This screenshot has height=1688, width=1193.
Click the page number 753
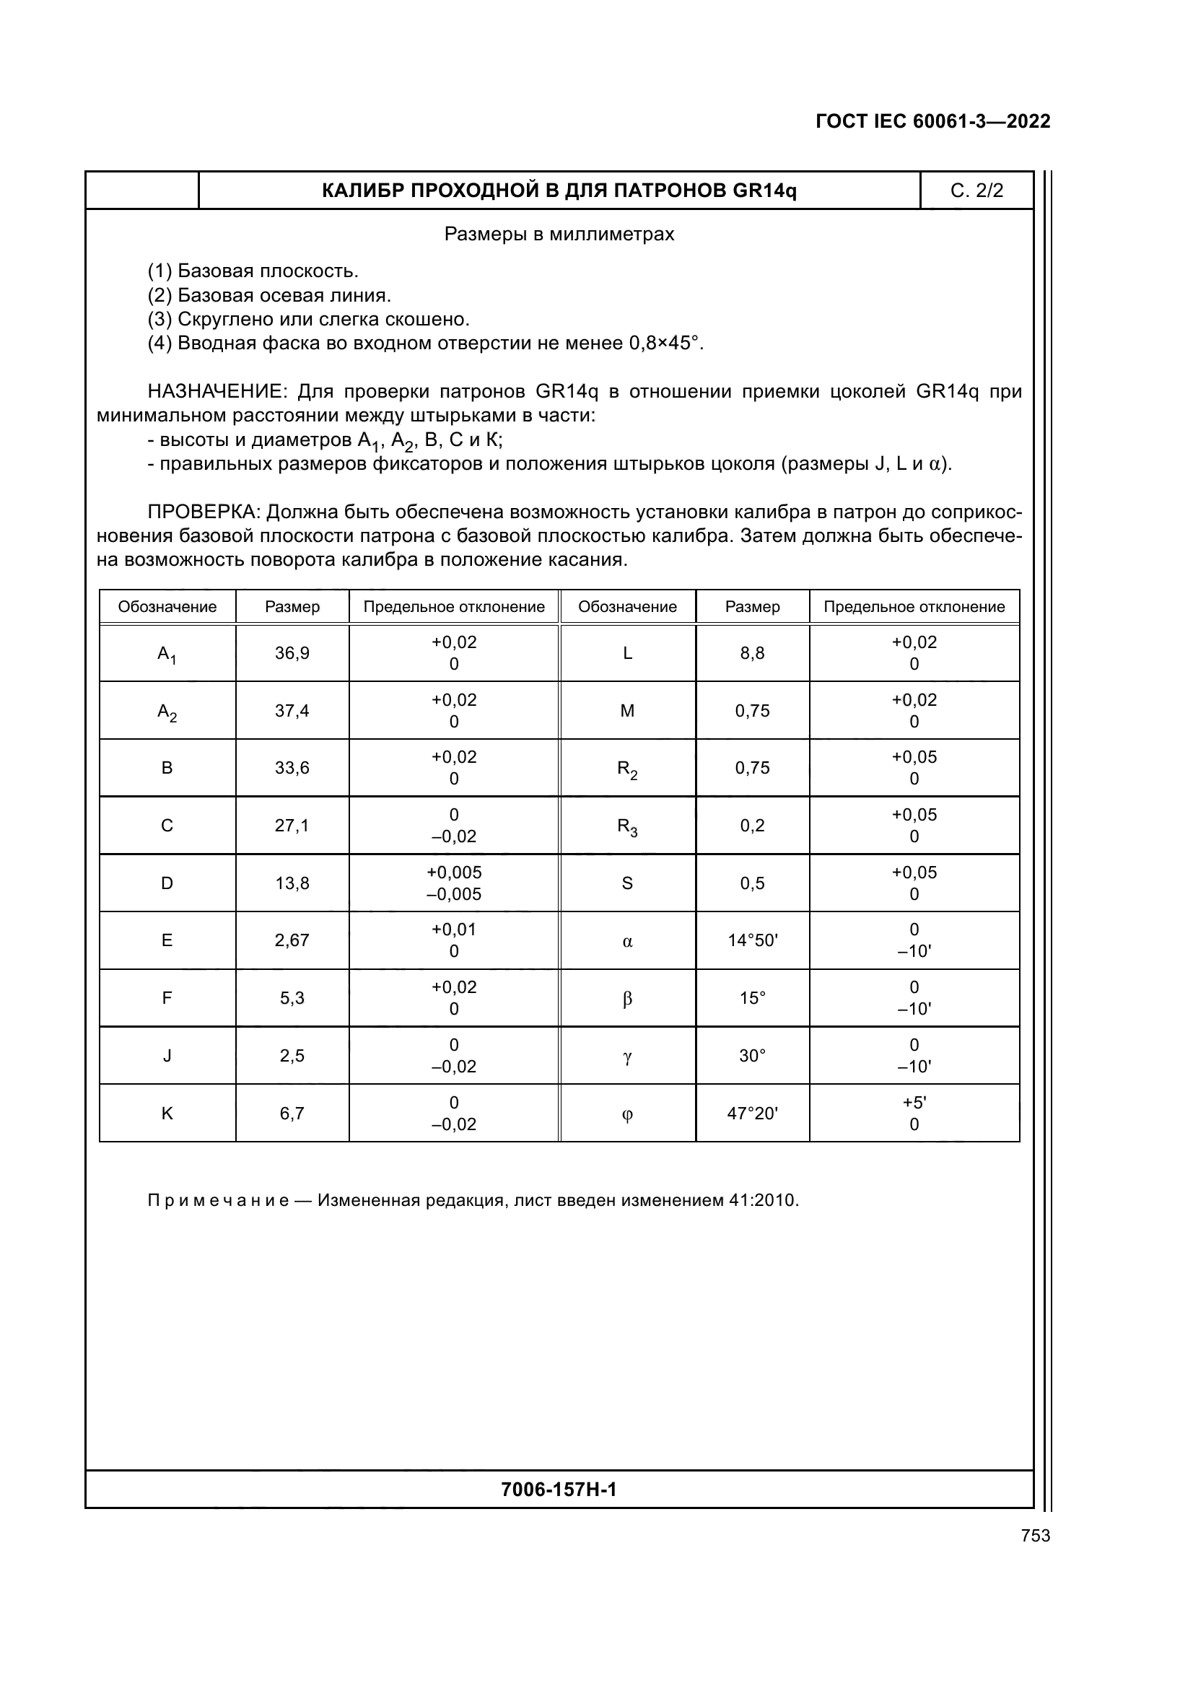click(1035, 1535)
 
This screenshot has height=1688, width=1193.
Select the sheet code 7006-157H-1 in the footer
click(559, 1489)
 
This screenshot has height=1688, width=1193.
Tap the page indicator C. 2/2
click(976, 191)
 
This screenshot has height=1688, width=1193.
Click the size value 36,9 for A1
click(292, 653)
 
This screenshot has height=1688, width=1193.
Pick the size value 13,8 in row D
click(292, 883)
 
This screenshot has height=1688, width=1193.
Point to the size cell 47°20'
click(752, 1113)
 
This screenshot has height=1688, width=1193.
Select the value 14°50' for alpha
click(752, 940)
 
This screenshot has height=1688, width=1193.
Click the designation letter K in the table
click(167, 1113)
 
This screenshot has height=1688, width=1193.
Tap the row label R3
click(627, 827)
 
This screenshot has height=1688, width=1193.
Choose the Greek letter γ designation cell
click(627, 1057)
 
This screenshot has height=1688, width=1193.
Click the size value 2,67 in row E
click(292, 940)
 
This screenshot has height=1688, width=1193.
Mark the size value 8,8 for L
click(752, 653)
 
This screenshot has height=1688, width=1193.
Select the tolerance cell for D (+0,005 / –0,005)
click(453, 883)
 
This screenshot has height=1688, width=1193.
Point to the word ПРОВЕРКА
click(204, 512)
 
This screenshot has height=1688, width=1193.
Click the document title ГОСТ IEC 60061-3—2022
click(932, 121)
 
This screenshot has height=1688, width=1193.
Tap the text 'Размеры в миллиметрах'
click(559, 235)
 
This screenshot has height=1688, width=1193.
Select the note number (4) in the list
click(159, 344)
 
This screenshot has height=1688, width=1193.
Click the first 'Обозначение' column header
click(167, 606)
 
